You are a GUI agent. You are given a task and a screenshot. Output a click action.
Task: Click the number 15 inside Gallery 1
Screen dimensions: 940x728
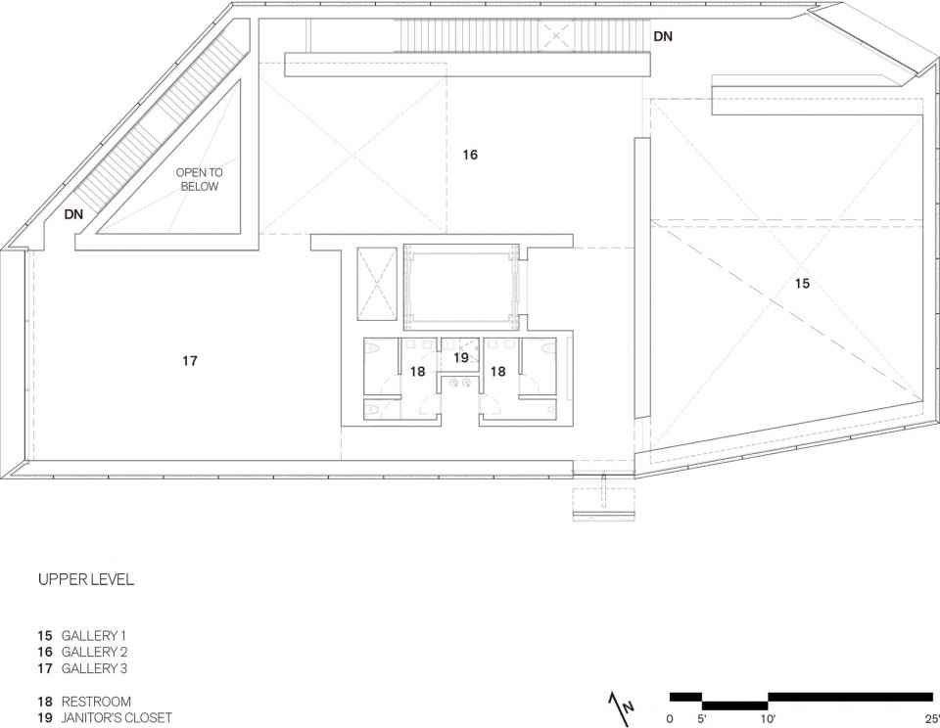(802, 284)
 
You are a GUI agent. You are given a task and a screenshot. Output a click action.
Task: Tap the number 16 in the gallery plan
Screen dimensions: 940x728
(470, 156)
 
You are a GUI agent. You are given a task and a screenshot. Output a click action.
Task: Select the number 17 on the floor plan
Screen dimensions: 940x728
(189, 361)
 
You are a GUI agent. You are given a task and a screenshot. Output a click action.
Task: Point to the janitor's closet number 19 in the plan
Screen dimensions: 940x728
(460, 358)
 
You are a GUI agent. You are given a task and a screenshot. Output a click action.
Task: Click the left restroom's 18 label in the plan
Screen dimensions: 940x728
(418, 372)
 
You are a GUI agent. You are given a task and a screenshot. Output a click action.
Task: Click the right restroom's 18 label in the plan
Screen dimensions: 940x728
(498, 372)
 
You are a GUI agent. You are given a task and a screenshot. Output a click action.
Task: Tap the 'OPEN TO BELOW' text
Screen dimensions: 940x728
(200, 179)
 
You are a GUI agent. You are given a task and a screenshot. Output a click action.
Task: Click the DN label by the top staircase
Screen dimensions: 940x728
(663, 36)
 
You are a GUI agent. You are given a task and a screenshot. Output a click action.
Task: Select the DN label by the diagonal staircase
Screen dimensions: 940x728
(74, 214)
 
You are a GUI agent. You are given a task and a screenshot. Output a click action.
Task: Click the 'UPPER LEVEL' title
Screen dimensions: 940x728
(86, 580)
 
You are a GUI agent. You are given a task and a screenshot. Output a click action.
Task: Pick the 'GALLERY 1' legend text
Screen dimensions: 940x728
(94, 635)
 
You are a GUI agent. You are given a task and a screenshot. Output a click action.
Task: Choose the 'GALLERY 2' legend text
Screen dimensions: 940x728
(95, 652)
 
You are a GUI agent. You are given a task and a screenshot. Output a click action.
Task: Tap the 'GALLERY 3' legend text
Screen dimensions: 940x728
(95, 668)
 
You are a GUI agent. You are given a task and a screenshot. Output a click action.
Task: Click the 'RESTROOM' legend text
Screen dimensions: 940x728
(96, 702)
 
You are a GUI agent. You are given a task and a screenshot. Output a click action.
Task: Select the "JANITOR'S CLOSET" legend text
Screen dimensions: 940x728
(117, 718)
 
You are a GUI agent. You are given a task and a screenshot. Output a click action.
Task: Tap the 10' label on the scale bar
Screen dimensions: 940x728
(768, 718)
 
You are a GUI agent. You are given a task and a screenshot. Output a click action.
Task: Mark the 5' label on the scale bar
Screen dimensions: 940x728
(702, 718)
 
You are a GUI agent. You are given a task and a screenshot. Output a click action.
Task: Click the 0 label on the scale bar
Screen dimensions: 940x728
(670, 718)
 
